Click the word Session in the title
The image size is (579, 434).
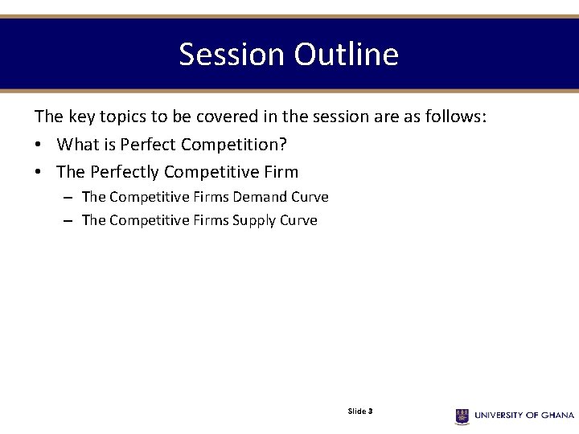click(232, 55)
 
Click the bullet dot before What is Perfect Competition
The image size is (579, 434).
click(39, 145)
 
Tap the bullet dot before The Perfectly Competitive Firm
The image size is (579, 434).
click(39, 173)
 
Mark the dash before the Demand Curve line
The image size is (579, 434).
click(68, 198)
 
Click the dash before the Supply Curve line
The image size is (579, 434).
click(68, 221)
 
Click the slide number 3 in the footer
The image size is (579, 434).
click(370, 411)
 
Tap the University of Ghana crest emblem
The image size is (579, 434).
click(462, 416)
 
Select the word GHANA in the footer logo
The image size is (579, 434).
click(556, 416)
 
